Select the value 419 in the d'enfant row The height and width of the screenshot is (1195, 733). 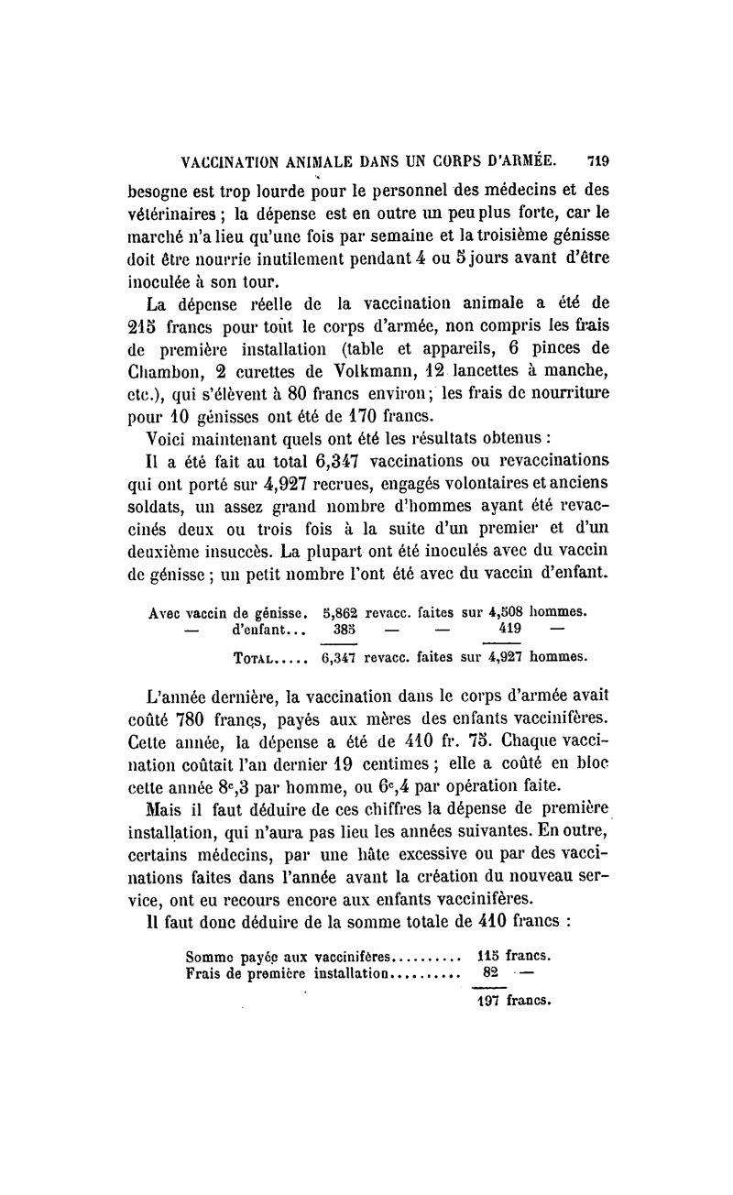[x=511, y=630]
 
